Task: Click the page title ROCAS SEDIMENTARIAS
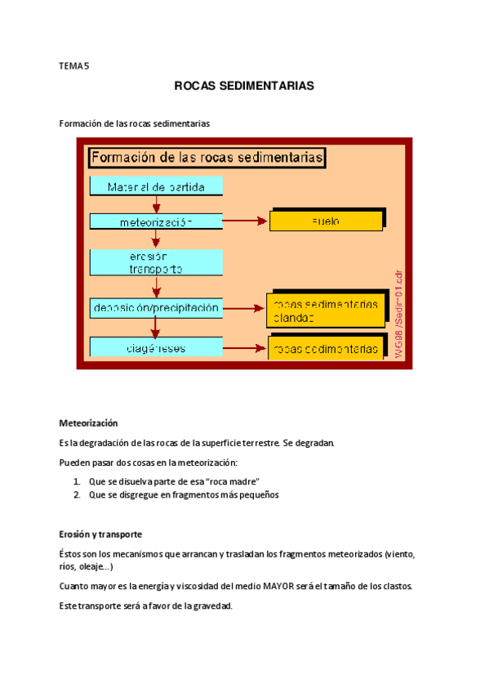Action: (x=244, y=86)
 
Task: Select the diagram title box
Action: (x=207, y=157)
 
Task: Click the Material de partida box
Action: (x=155, y=187)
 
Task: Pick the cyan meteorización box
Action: (x=155, y=221)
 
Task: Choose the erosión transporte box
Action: (x=155, y=262)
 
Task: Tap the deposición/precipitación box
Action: (x=155, y=308)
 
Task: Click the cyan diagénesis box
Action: (x=155, y=347)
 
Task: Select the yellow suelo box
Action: (x=326, y=221)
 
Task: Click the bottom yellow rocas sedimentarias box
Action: (x=326, y=349)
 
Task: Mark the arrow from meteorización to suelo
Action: (x=246, y=221)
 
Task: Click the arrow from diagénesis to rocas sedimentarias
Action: (x=245, y=348)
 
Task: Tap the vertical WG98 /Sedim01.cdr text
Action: (x=398, y=310)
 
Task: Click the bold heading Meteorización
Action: (x=88, y=423)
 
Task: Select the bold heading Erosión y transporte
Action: (x=100, y=534)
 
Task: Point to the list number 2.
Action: (x=76, y=494)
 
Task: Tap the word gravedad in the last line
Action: (x=211, y=606)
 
